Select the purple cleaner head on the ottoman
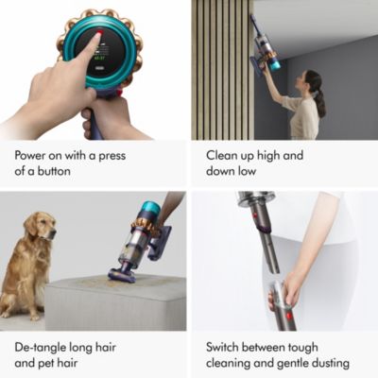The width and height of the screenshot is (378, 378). [x=123, y=274]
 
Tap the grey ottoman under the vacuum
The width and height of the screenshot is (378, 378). [x=113, y=302]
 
